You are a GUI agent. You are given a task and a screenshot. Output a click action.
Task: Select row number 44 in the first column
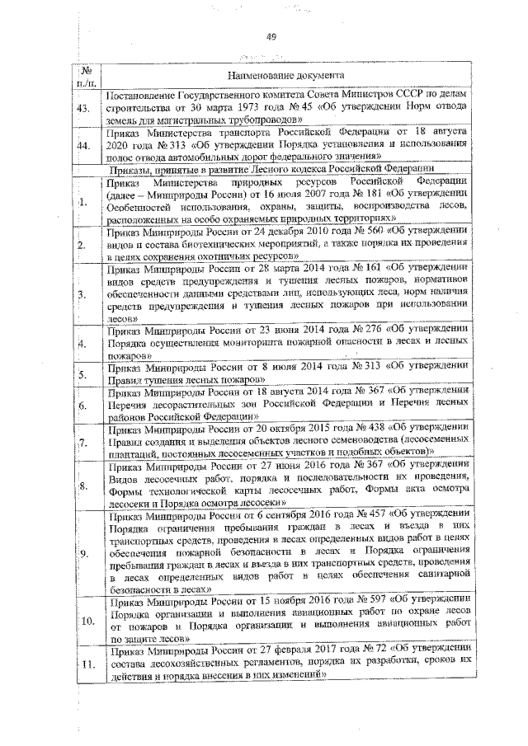coord(83,146)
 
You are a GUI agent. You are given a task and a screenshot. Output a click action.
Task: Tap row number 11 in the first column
coord(86,665)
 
